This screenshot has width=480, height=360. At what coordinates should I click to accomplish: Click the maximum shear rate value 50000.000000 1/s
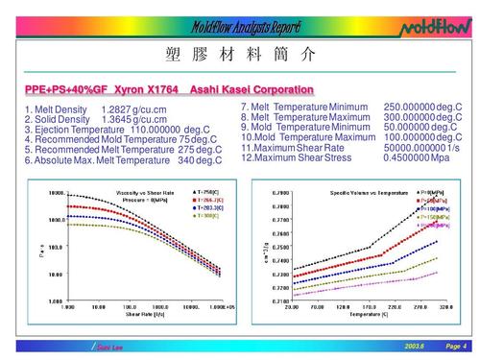click(421, 148)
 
